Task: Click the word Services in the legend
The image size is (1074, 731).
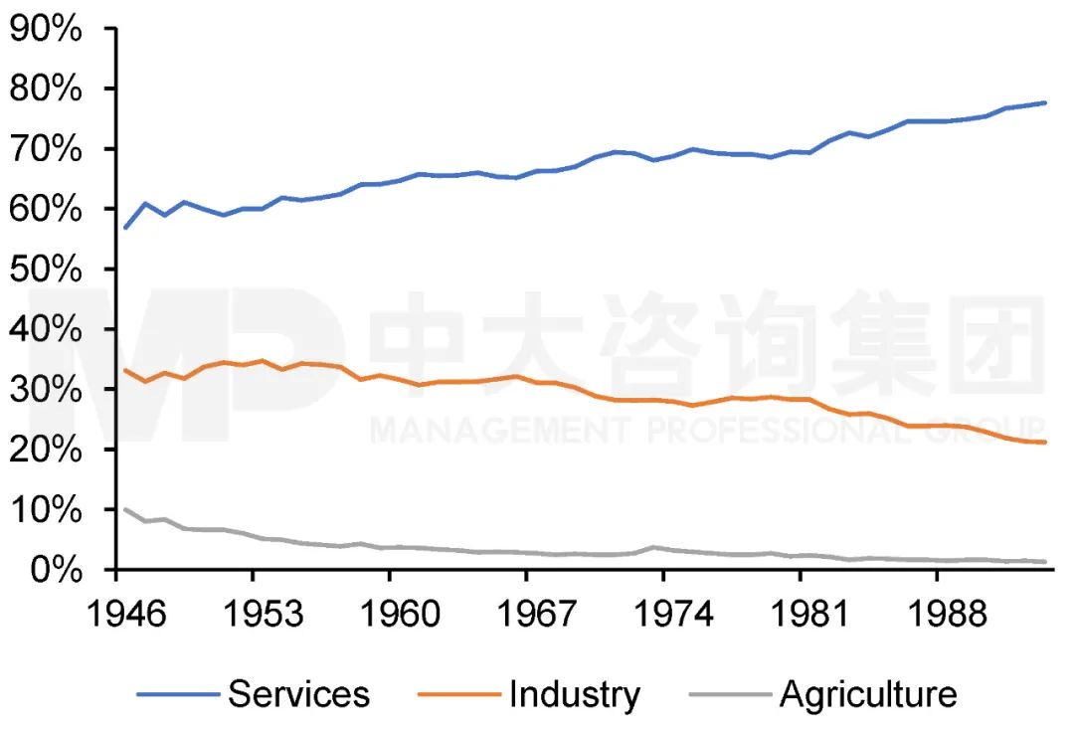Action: pyautogui.click(x=298, y=693)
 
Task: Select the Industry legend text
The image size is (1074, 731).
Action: pyautogui.click(x=574, y=693)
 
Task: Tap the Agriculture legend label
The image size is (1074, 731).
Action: pyautogui.click(x=868, y=693)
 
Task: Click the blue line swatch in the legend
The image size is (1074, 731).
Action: pyautogui.click(x=177, y=693)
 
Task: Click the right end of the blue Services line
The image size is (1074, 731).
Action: pyautogui.click(x=1045, y=102)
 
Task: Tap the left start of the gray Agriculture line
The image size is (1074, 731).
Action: pyautogui.click(x=123, y=508)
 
